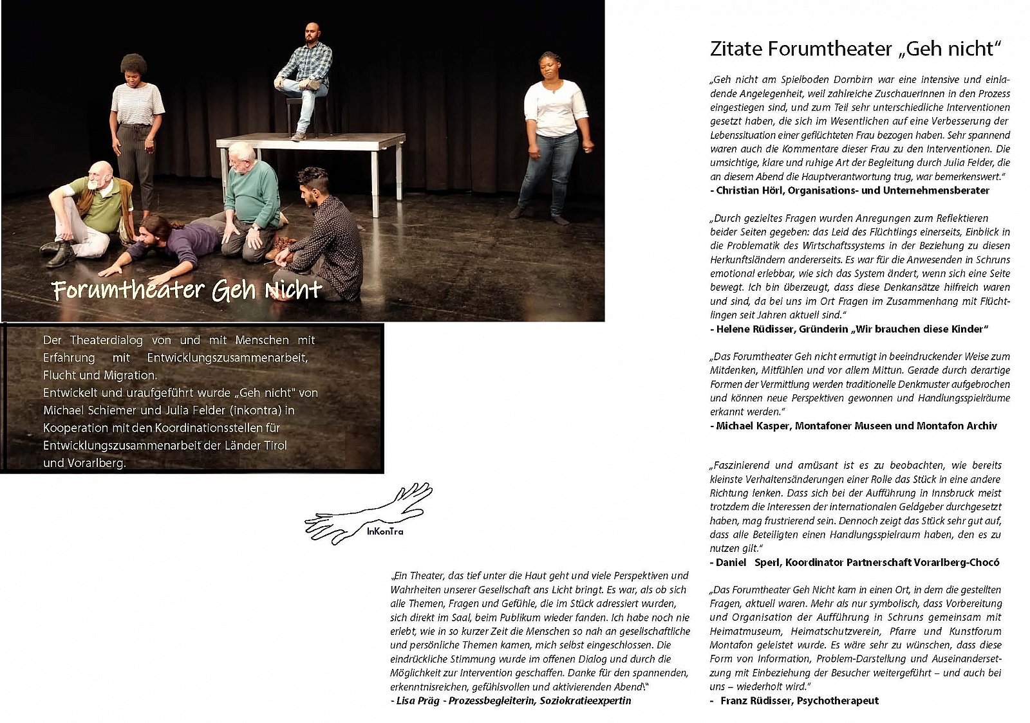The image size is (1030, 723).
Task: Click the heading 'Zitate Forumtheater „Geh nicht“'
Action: point(856,49)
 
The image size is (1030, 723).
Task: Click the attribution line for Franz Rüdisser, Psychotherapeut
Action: point(799,700)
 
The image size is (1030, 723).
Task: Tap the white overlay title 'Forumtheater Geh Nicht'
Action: point(187,290)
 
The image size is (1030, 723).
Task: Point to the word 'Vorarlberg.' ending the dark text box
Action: point(84,463)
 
